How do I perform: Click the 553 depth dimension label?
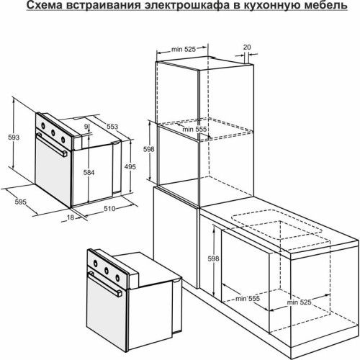point(113,125)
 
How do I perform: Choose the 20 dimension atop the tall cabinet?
point(247,47)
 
